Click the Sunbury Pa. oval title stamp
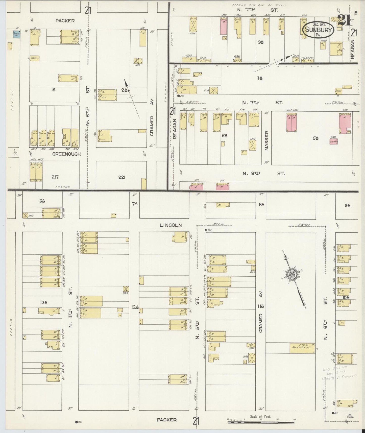pos(319,30)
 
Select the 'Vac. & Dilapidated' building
pos(302,348)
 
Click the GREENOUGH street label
pos(67,154)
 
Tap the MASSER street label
pos(266,141)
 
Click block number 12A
pos(135,307)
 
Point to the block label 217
pos(55,177)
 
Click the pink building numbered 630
pos(345,123)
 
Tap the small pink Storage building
pos(334,141)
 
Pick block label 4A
pos(259,78)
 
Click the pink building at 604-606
pos(291,122)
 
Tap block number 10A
pos(346,298)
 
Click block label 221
pos(122,177)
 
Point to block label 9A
pos(348,205)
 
